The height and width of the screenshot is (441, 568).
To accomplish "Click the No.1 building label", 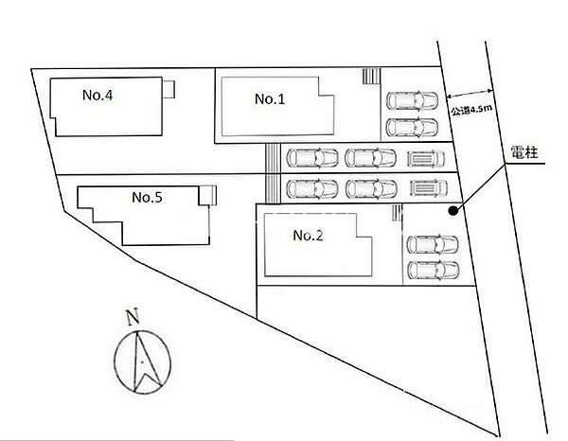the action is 270,98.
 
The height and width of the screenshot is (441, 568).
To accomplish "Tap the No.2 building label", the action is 308,236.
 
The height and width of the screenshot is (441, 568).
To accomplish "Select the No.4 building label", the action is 98,95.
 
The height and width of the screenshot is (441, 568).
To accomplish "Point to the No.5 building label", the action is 147,198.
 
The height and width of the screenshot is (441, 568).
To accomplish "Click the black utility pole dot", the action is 453,211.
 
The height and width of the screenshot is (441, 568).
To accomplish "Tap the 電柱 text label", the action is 524,152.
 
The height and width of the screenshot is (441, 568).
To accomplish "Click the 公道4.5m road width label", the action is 471,110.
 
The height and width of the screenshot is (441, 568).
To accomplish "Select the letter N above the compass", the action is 133,317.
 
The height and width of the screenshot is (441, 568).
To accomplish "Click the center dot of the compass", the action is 142,362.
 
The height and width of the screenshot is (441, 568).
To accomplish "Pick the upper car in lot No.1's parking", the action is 412,100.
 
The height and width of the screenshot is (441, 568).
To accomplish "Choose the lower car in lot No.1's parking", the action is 412,127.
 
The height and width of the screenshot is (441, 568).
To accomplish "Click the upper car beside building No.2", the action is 433,244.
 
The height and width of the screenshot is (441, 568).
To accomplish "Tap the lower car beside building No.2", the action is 434,270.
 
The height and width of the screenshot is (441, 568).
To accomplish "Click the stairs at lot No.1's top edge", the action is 371,76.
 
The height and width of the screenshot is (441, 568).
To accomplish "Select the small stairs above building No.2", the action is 397,213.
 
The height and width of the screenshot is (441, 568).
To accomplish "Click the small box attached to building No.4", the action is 169,89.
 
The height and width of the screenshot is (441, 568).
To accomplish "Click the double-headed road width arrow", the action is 470,94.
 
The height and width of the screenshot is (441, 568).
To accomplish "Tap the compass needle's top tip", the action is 137,331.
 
